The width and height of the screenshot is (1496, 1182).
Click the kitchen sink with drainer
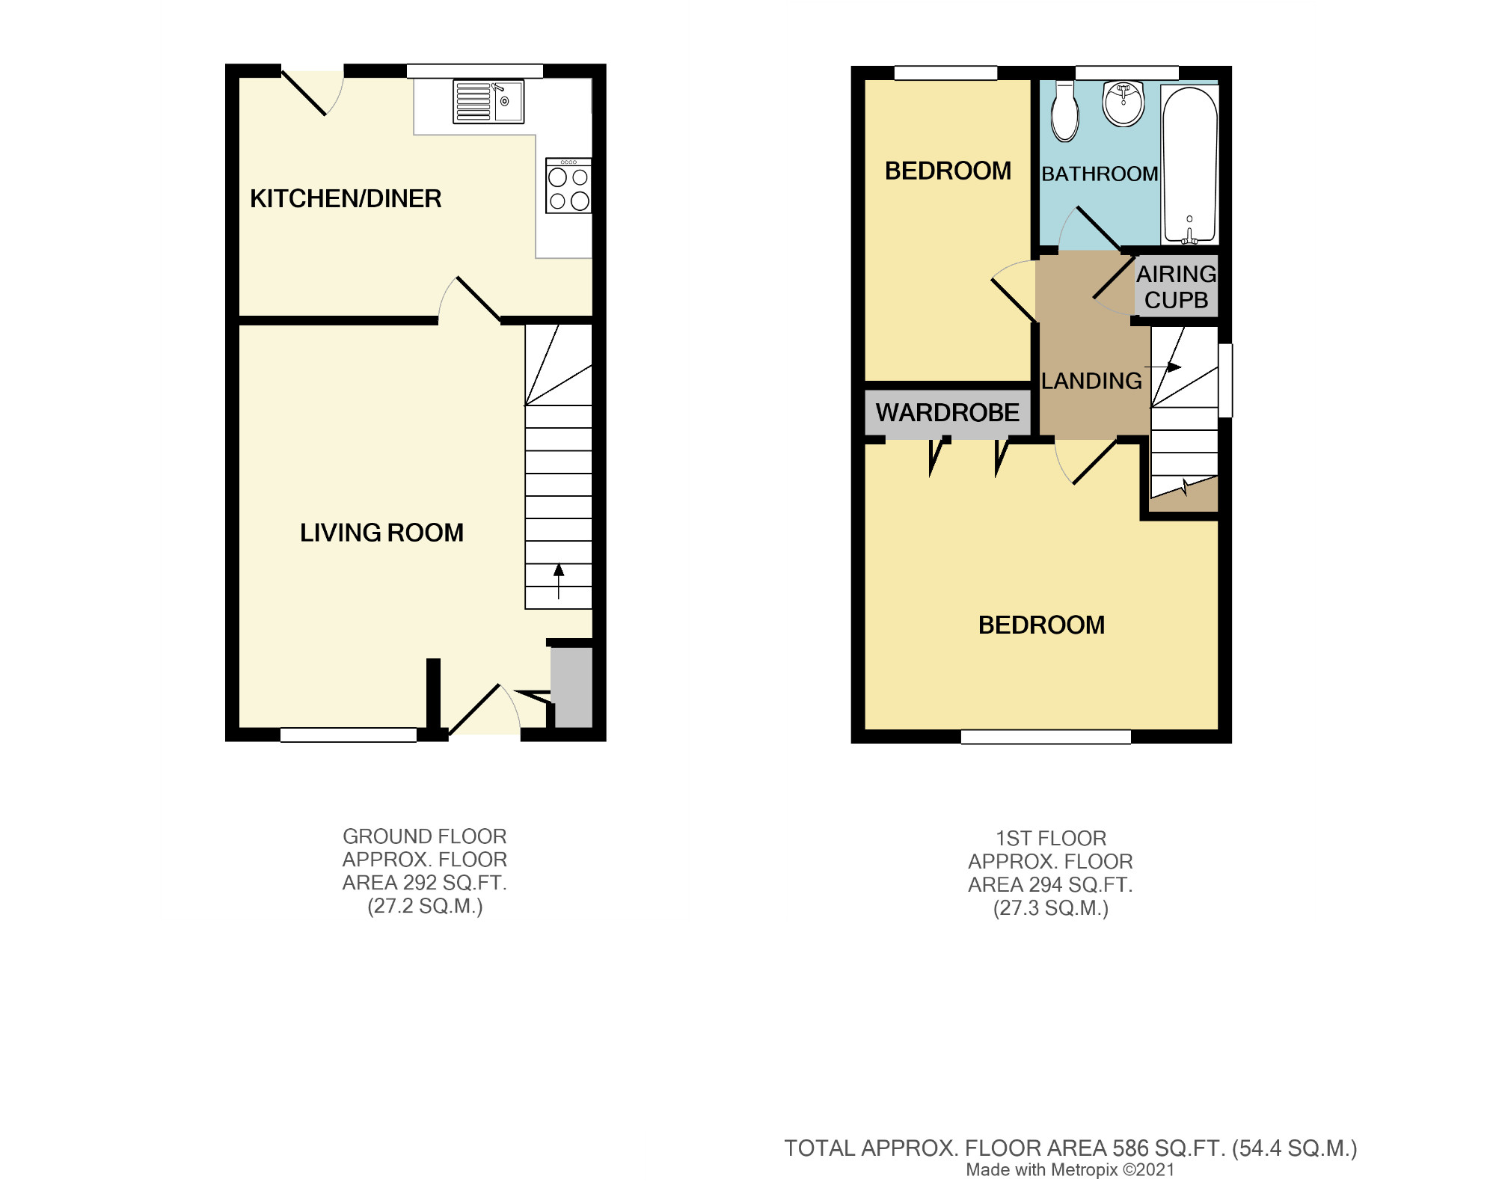coord(488,102)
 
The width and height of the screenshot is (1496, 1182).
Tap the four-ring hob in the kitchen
coord(568,185)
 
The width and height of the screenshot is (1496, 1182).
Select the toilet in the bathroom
coord(1064,111)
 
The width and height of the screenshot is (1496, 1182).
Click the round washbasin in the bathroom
coord(1123,104)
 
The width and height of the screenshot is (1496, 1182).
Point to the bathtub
coord(1189,165)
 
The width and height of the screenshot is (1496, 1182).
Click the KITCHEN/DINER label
coord(346,199)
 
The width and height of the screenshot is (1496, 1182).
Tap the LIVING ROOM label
coord(381,533)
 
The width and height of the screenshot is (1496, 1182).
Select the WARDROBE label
coord(948,412)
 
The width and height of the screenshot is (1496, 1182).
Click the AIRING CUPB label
coord(1177,287)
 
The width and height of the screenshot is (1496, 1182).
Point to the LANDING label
coord(1092,381)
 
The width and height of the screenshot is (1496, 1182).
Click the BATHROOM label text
coord(1100,174)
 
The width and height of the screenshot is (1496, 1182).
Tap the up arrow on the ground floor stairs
coord(559,581)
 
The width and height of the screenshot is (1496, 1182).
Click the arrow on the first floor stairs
coord(1163,367)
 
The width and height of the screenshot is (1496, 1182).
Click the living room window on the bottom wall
coord(349,735)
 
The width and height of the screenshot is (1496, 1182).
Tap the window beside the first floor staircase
coord(1225,380)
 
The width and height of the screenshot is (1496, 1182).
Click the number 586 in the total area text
coord(1129,1148)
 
